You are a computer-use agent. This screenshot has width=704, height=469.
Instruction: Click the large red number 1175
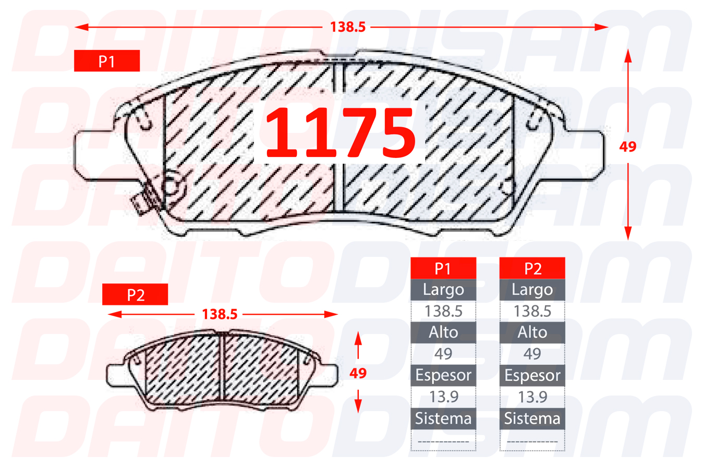coord(341,132)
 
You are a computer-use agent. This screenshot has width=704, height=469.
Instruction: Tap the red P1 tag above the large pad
coord(107,61)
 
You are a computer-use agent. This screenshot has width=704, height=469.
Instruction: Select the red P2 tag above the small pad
coord(135,294)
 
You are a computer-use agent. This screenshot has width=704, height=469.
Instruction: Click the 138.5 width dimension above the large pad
coord(348,27)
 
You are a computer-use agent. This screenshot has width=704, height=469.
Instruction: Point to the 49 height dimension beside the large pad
coord(628,147)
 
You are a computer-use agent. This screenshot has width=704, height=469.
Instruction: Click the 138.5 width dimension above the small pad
coord(220,314)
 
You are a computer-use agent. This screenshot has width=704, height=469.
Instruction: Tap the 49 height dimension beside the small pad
coord(358,373)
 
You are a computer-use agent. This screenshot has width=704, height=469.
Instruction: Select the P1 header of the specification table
coord(443,268)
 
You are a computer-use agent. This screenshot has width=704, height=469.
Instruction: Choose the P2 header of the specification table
coord(532,268)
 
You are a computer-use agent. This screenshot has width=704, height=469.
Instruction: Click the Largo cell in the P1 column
coord(443,290)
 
